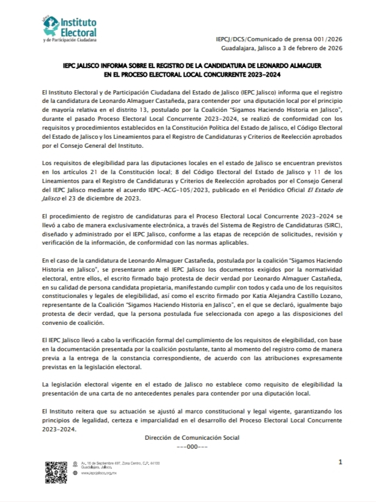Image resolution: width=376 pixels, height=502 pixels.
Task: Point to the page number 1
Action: pyautogui.click(x=340, y=463)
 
